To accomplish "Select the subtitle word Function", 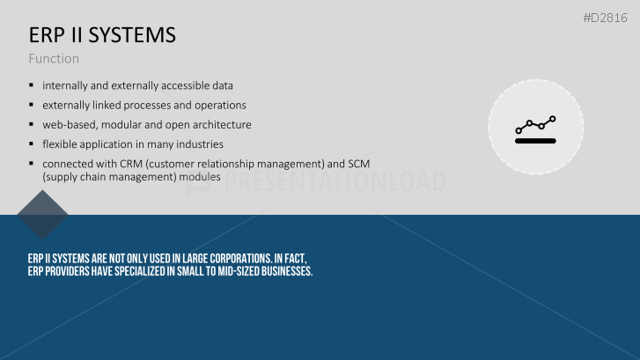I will (54, 59).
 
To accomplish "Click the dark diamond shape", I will (42, 215).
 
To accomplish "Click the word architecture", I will (223, 125).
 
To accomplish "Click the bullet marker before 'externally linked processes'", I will (31, 105).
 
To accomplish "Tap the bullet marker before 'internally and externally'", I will (31, 85).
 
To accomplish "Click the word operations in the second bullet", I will (219, 106).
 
